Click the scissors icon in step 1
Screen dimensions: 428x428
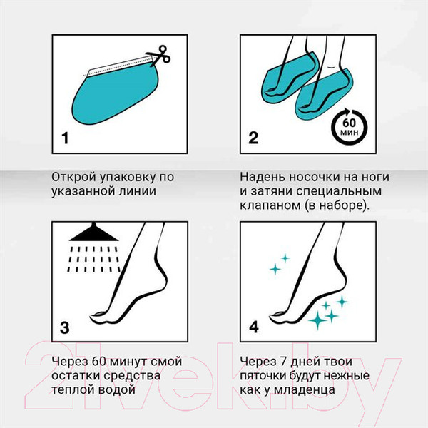159,56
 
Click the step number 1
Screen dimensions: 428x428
65,138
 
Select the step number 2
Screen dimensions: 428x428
253,138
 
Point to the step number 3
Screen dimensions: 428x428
65,327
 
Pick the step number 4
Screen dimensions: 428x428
254,327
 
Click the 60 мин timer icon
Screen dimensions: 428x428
349,127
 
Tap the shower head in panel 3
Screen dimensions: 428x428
94,233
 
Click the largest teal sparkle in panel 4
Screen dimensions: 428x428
317,320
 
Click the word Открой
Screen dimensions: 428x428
73,177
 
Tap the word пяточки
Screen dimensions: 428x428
263,376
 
